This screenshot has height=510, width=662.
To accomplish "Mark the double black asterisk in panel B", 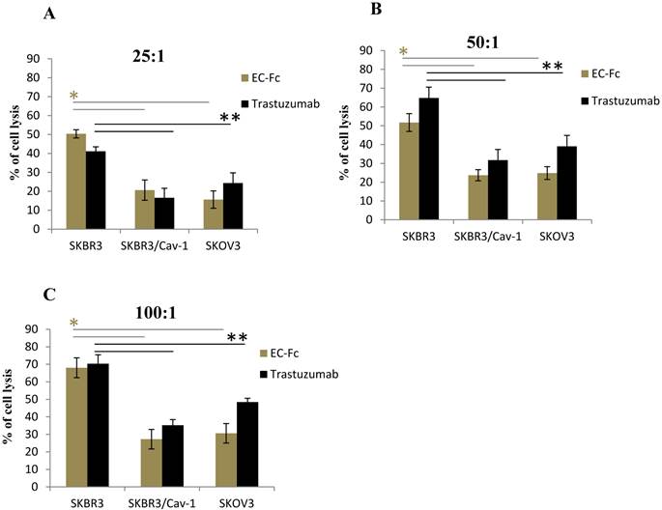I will pos(552,67).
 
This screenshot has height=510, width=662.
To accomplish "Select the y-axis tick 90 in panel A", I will pos(33,59).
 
